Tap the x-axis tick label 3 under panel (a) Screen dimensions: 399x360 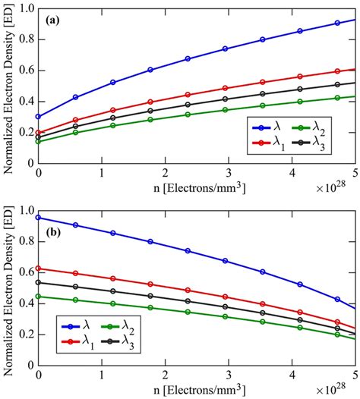pyautogui.click(x=224, y=174)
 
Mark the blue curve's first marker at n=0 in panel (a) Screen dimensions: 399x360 pyautogui.click(x=38, y=117)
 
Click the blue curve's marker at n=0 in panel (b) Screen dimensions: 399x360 pyautogui.click(x=38, y=218)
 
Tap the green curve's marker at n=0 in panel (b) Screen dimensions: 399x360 pyautogui.click(x=38, y=297)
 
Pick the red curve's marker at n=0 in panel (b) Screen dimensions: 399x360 pyautogui.click(x=38, y=269)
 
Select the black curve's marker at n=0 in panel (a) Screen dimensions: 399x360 pyautogui.click(x=38, y=137)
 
